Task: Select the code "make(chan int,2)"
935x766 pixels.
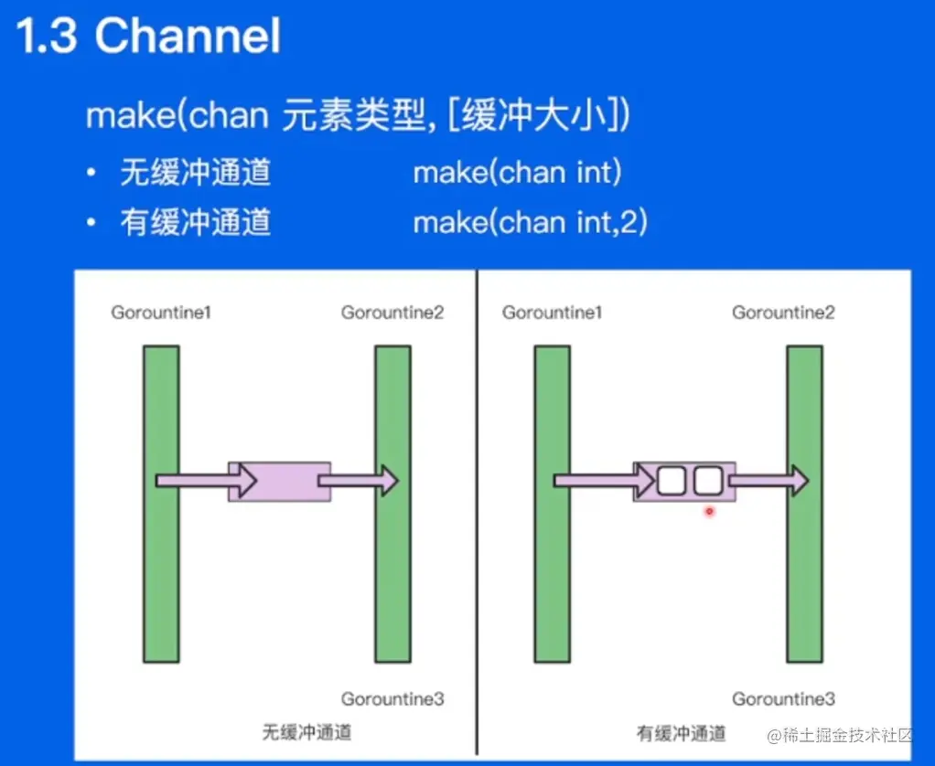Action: [530, 222]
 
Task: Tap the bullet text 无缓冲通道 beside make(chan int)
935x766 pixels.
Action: [195, 173]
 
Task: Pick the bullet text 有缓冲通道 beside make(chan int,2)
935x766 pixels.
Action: [195, 223]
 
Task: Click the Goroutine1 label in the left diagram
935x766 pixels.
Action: [161, 313]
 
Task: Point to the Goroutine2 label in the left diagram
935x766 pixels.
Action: [392, 313]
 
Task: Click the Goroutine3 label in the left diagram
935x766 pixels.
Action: [392, 699]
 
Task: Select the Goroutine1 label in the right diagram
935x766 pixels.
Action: [552, 313]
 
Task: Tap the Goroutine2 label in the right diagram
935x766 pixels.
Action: [783, 313]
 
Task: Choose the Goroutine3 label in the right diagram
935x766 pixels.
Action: [783, 699]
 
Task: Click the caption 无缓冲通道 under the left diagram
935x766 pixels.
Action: [306, 732]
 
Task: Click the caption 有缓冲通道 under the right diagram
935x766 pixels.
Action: [681, 733]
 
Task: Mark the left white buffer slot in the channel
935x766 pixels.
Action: [671, 481]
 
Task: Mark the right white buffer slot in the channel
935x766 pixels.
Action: [708, 481]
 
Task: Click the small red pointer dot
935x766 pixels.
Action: [708, 512]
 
